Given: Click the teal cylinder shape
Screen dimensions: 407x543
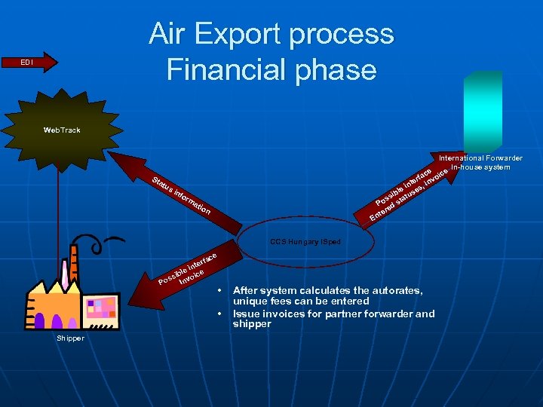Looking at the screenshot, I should (482, 112).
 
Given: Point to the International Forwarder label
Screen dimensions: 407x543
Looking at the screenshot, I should (480, 158).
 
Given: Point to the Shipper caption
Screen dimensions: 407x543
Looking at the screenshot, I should (71, 338).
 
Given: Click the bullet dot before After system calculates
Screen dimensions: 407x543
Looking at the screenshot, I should (219, 290).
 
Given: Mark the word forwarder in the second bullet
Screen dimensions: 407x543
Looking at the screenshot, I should (382, 314).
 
